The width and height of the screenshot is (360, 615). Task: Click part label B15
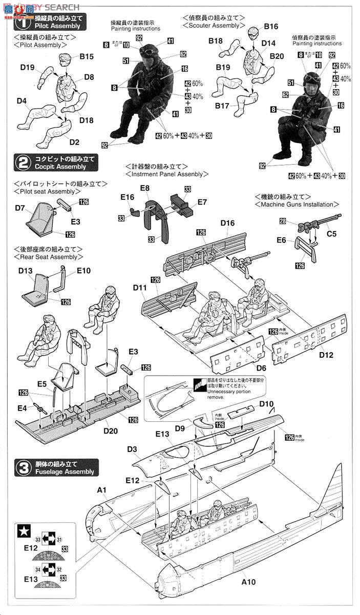86,57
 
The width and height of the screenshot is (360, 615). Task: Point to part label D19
28,67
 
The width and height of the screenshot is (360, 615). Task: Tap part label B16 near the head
271,27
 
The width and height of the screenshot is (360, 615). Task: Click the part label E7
202,202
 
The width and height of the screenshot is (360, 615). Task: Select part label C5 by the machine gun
332,235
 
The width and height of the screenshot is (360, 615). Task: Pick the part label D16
227,223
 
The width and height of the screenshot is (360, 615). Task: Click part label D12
326,354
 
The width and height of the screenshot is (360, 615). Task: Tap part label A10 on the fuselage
247,582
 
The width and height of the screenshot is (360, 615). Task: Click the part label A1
101,490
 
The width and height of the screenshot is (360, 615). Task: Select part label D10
266,404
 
